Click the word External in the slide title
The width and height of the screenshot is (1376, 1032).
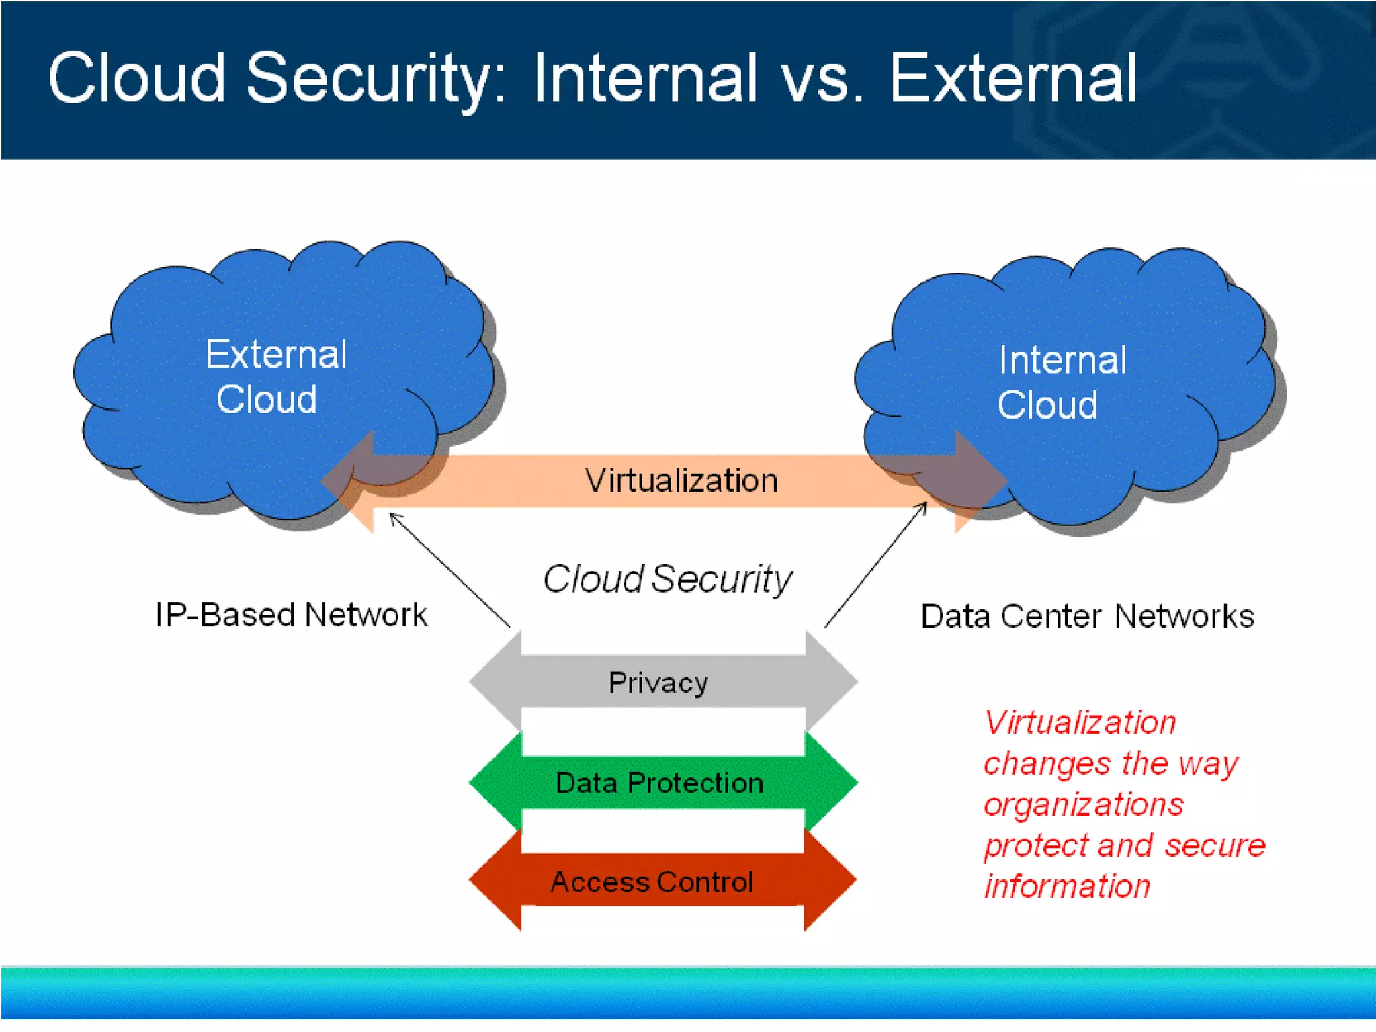tap(1013, 79)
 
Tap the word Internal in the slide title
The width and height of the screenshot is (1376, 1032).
tap(645, 79)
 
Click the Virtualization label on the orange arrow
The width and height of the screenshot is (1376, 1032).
tap(681, 481)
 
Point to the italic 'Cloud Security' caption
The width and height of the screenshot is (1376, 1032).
tap(667, 578)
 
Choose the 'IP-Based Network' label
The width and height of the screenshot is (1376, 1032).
tap(291, 615)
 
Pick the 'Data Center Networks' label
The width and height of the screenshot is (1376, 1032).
tap(1087, 616)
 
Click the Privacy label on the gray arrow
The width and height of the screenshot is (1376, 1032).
tap(658, 683)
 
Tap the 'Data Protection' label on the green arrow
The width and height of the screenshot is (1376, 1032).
tap(659, 783)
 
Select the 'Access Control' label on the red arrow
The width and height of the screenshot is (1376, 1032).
tap(652, 881)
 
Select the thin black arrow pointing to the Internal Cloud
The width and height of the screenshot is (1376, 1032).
tap(875, 564)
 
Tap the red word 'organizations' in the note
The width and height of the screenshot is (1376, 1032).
tap(1083, 804)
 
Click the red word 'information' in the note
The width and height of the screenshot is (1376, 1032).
tap(1067, 886)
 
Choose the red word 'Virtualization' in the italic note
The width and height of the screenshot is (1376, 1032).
tap(1080, 722)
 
